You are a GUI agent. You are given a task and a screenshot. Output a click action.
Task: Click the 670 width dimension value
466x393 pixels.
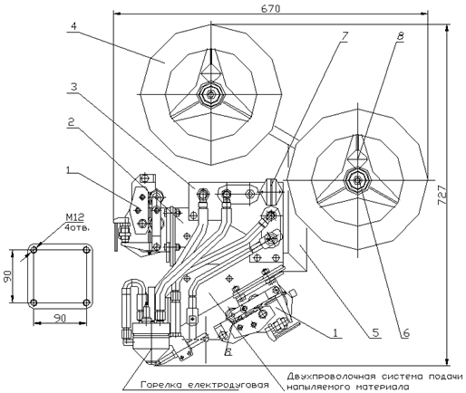click(x=270, y=9)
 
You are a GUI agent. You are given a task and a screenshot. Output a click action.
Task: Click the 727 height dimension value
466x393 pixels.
click(x=442, y=196)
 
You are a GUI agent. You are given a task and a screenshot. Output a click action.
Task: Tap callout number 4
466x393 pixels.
click(x=73, y=26)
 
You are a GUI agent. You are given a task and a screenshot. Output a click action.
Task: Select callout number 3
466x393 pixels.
click(x=73, y=87)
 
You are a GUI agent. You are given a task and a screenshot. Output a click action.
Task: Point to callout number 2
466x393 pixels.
click(x=71, y=122)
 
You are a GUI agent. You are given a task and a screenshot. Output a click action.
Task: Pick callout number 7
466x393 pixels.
click(x=345, y=36)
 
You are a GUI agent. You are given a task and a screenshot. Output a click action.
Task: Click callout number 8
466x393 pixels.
click(x=400, y=36)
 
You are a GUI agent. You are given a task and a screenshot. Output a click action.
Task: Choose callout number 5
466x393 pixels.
click(x=375, y=332)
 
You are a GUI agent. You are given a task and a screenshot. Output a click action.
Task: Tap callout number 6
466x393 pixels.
click(x=405, y=332)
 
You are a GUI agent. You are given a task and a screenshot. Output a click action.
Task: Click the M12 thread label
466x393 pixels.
click(x=74, y=217)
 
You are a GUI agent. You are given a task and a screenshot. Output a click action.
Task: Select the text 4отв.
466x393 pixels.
click(x=77, y=227)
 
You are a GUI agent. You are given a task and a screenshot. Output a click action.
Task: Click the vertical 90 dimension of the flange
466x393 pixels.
click(x=7, y=276)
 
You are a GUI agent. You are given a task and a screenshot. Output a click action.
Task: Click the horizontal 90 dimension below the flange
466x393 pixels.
click(x=60, y=318)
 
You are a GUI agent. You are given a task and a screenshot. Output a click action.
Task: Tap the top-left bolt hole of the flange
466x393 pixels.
click(x=34, y=250)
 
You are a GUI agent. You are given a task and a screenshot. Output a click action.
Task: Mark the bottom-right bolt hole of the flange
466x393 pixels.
click(x=86, y=302)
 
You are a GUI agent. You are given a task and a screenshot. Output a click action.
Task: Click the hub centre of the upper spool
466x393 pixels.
click(x=210, y=94)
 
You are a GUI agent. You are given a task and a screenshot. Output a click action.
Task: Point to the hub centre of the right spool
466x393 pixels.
click(x=358, y=180)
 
